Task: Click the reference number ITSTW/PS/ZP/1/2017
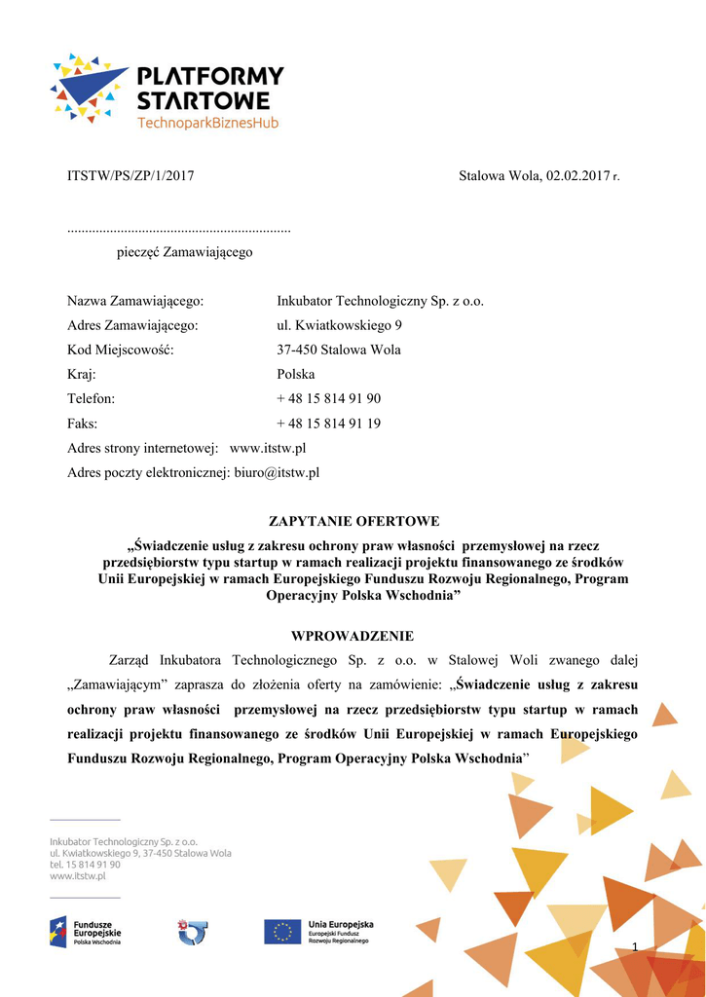tap(130, 176)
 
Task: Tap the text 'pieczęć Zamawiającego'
tap(184, 252)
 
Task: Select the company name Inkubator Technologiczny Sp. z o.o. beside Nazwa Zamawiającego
tap(380, 301)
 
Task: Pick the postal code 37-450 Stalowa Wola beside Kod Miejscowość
tap(339, 350)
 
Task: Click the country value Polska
tap(296, 374)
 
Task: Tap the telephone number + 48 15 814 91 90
tap(328, 398)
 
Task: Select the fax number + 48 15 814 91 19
tap(328, 424)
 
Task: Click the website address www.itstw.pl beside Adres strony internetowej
tap(268, 448)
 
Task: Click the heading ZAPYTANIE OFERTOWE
tap(353, 522)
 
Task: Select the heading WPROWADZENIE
tap(353, 636)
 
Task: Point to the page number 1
tap(635, 946)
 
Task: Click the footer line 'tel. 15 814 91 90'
tap(86, 865)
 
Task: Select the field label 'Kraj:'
tap(82, 374)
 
